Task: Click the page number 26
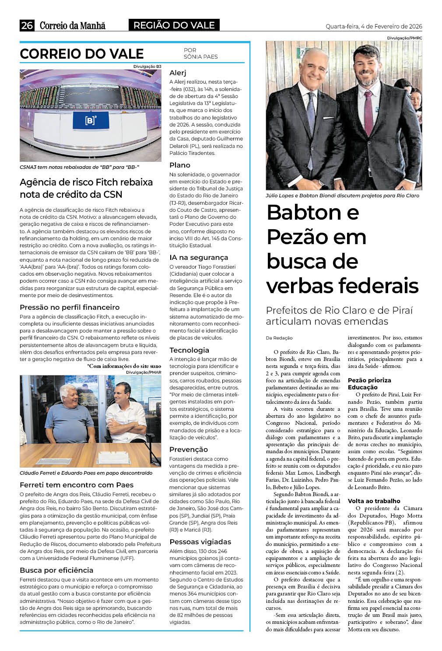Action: [x=27, y=25]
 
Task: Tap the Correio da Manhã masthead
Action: [x=73, y=25]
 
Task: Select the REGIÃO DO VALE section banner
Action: [x=174, y=25]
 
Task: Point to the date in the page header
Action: [x=374, y=26]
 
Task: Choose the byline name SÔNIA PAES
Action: [x=200, y=56]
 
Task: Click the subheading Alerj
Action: [x=178, y=73]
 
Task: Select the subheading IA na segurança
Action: [x=199, y=257]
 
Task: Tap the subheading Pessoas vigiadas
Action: [x=200, y=542]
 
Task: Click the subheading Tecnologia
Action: [x=189, y=350]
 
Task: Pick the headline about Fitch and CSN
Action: [x=86, y=188]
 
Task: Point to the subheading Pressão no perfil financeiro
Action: [x=70, y=307]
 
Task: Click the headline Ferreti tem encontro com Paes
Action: [x=77, y=485]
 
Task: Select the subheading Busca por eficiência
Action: [x=56, y=570]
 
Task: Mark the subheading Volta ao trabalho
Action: [x=374, y=501]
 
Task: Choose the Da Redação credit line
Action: [x=279, y=338]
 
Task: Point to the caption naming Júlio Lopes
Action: [x=342, y=196]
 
